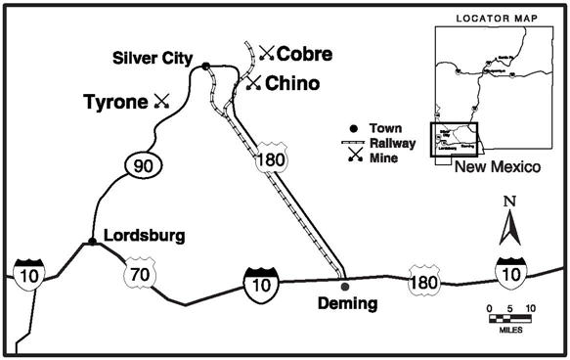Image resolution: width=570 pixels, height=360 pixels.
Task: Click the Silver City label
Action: coord(153,56)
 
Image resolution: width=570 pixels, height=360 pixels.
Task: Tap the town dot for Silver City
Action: coord(206,67)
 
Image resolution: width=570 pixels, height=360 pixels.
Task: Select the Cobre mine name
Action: coord(304,53)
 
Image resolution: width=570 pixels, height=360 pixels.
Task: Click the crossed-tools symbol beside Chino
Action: coord(253,85)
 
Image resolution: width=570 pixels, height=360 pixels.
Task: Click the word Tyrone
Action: coord(115,100)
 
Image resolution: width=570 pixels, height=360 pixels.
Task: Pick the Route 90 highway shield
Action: coord(141,167)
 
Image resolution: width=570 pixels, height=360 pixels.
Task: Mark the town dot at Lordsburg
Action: coord(91,242)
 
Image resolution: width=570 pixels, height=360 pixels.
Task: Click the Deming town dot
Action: coord(344,286)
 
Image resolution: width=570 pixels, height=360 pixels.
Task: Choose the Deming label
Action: coord(347,303)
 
